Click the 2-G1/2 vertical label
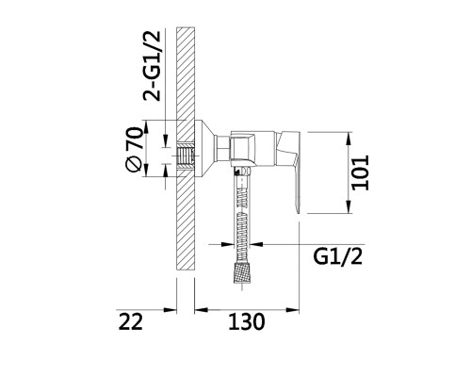152,66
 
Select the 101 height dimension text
360,172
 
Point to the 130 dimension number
247,321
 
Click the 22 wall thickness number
130,321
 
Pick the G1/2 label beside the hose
337,257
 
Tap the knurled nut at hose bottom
242,273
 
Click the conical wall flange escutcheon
204,147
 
